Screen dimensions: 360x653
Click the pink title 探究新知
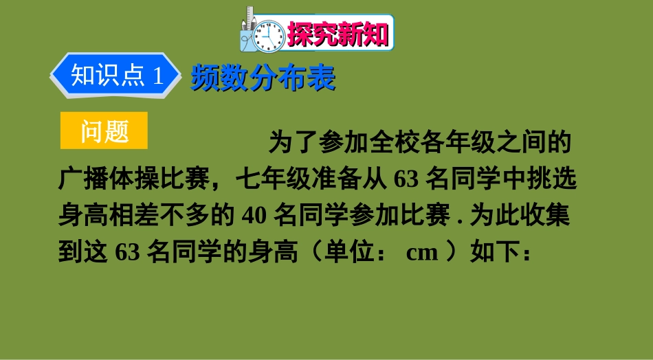coord(337,33)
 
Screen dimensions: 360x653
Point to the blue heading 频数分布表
coord(263,78)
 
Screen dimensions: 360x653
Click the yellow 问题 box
coord(104,131)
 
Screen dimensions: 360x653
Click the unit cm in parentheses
coord(422,252)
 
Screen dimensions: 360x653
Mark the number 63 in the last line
coord(128,252)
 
